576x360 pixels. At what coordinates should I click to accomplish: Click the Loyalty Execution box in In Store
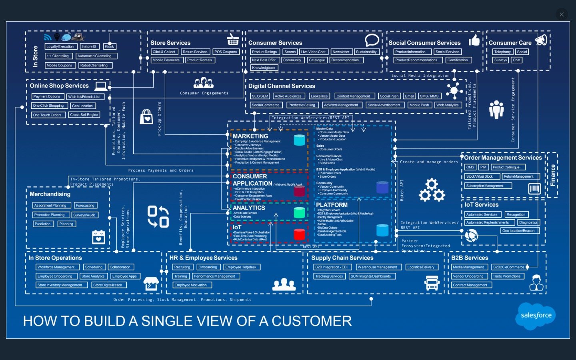coord(60,46)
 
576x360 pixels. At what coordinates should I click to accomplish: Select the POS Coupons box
coord(226,52)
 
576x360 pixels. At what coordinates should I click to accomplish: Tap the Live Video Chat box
coord(313,52)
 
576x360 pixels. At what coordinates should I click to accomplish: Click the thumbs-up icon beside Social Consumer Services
coord(474,40)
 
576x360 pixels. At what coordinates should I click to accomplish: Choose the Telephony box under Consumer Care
coord(502,52)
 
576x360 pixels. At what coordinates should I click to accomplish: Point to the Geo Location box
coord(82,106)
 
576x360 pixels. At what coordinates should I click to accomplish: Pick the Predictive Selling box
coord(302,105)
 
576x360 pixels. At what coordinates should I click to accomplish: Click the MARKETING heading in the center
coord(250,136)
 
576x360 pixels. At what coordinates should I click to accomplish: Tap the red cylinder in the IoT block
coord(299,234)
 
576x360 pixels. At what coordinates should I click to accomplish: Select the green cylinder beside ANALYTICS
coord(299,212)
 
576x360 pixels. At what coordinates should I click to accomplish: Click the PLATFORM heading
coord(332,205)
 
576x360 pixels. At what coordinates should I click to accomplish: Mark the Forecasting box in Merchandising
coord(85,205)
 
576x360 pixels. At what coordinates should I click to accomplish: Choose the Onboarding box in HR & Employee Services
coord(208,267)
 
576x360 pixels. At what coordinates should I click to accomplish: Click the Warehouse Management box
coord(377,267)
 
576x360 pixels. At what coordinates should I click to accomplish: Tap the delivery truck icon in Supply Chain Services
coord(432,283)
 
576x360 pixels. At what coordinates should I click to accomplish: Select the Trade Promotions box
coord(507,276)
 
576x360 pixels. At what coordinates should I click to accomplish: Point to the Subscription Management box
coord(485,186)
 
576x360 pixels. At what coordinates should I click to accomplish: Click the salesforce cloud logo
coord(536,316)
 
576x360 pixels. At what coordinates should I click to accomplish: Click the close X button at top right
coord(562,14)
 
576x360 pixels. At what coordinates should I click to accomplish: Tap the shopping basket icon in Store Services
coord(233,40)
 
